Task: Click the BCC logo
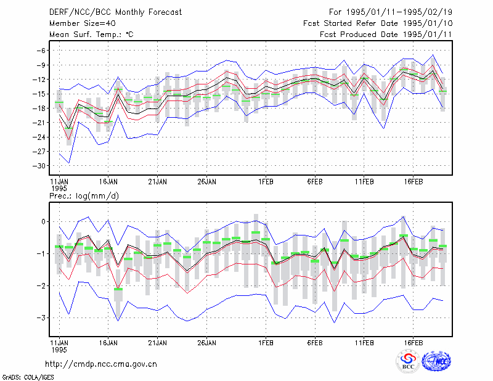[x=408, y=361]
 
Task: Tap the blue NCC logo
[x=436, y=361]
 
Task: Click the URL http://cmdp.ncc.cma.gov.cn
[x=101, y=364]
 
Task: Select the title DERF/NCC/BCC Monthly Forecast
[x=115, y=12]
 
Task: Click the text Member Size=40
[x=83, y=23]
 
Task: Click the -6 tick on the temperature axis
[x=41, y=51]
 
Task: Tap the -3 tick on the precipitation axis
[x=41, y=317]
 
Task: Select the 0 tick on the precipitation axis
[x=43, y=222]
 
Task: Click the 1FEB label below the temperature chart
[x=266, y=182]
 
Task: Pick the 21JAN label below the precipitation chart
[x=157, y=343]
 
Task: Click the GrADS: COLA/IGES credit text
[x=28, y=377]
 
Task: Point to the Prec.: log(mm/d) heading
[x=84, y=196]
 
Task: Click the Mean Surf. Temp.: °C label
[x=91, y=35]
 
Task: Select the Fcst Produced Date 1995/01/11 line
[x=386, y=35]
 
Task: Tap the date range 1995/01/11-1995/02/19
[x=399, y=12]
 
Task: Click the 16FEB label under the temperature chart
[x=413, y=182]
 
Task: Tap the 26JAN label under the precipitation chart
[x=206, y=343]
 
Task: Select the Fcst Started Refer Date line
[x=378, y=23]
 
